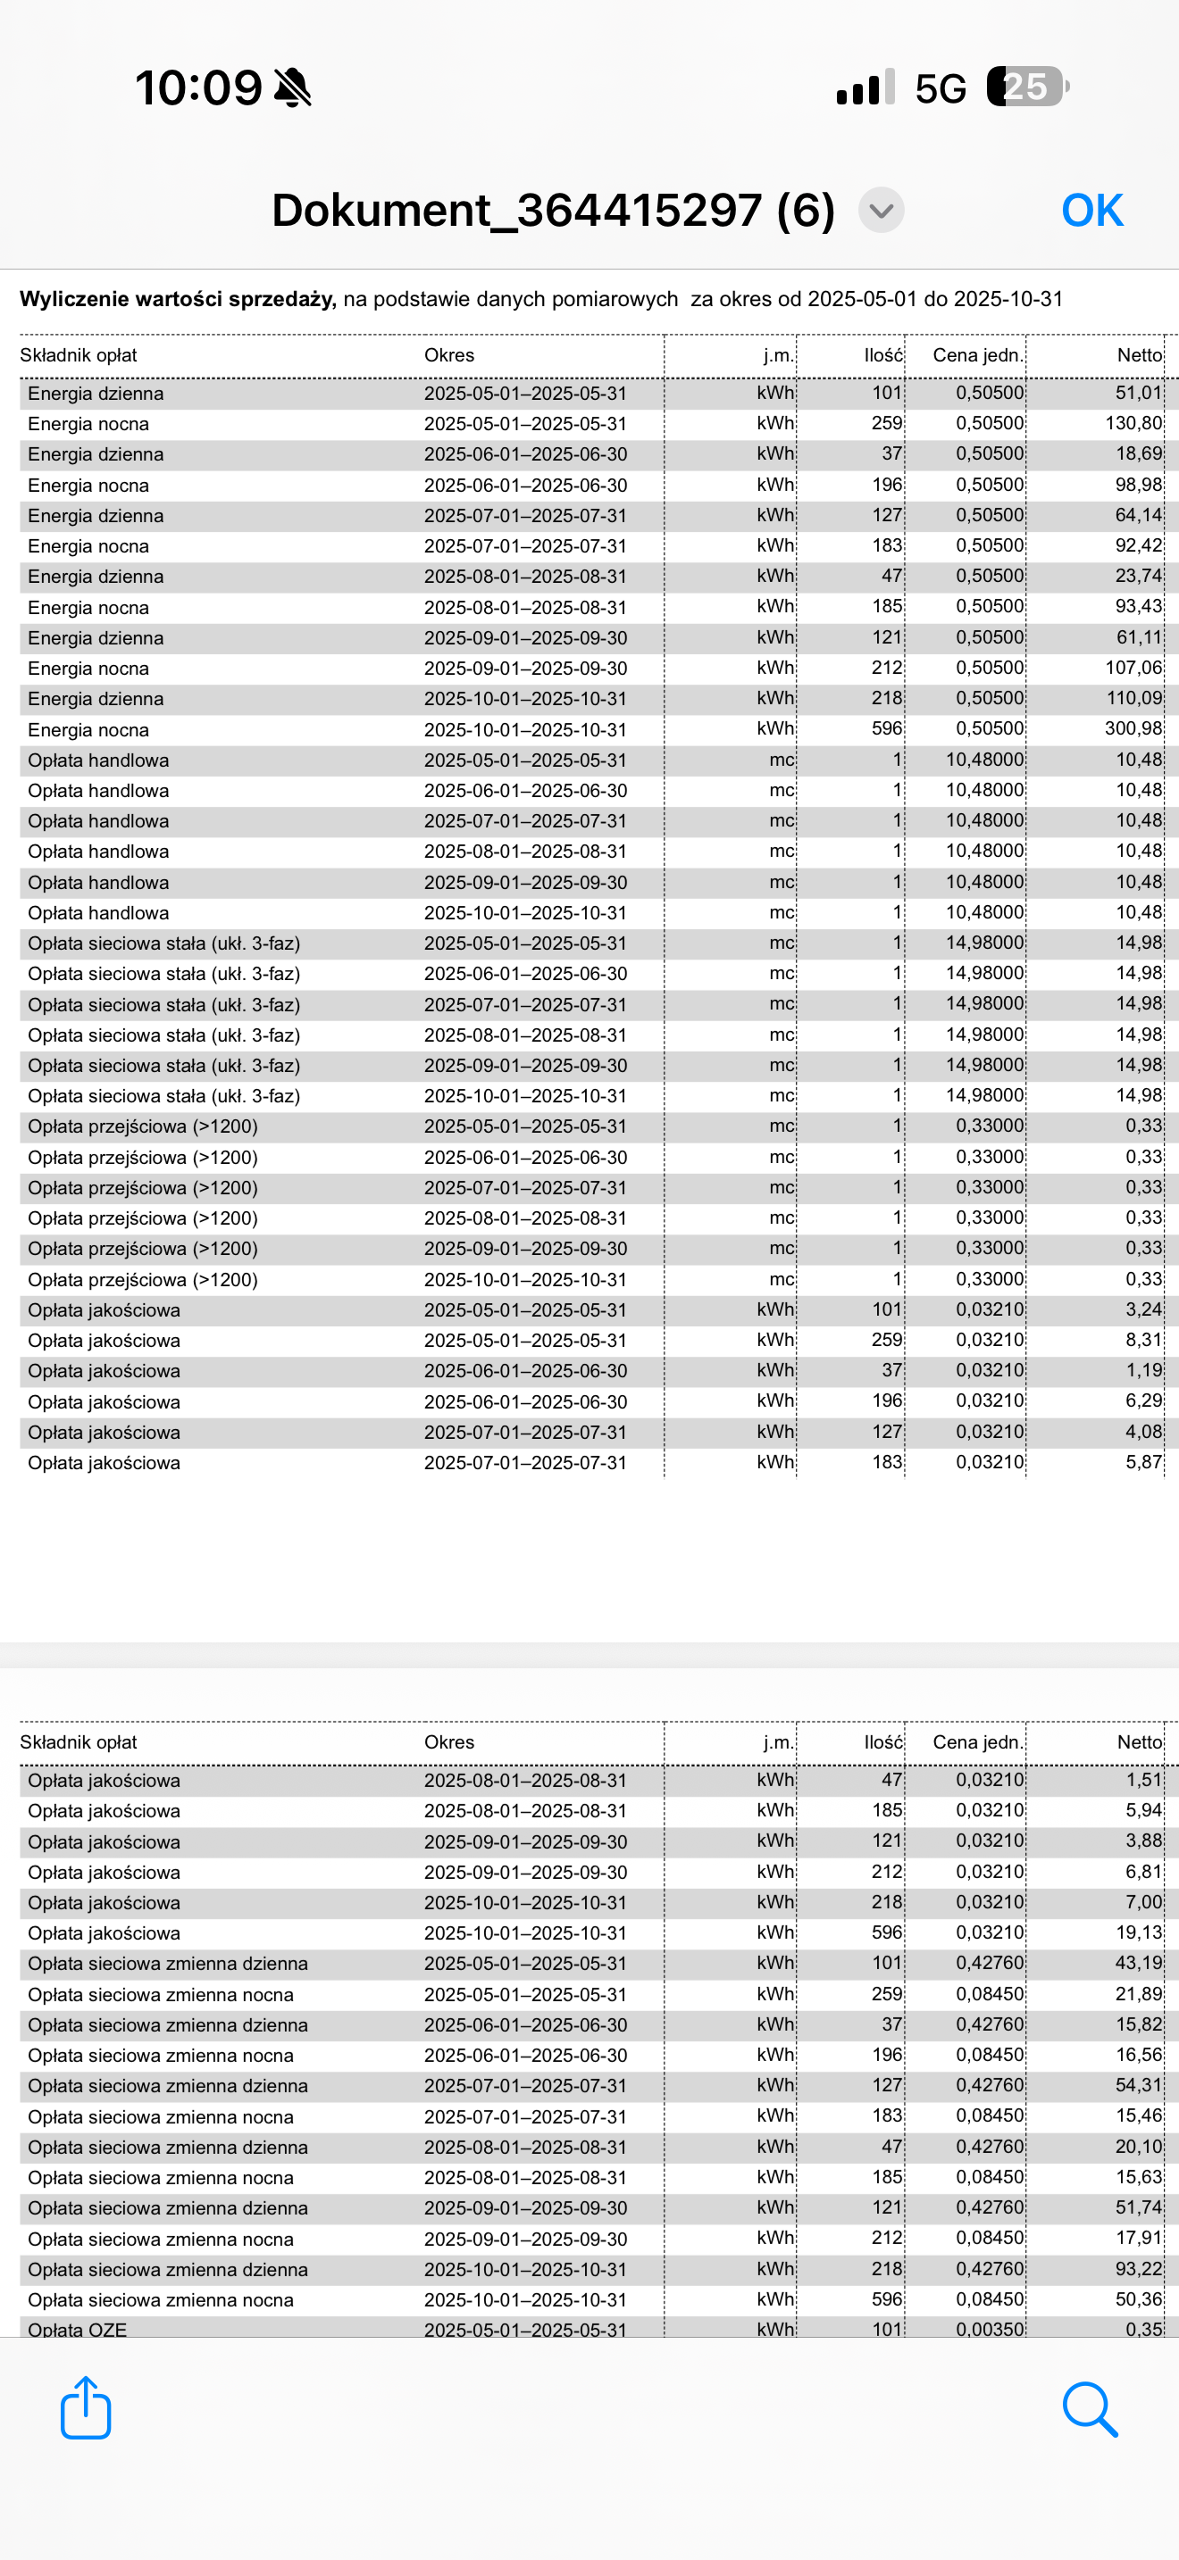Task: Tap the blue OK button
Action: pos(1091,211)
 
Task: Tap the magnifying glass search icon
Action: pos(1090,2408)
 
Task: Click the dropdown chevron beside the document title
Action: pos(881,211)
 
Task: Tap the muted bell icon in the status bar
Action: pos(293,87)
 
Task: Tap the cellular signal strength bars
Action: pos(865,87)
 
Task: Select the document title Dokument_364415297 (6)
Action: pos(553,211)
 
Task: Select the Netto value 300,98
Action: pos(1133,728)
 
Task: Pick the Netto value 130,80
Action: pos(1133,423)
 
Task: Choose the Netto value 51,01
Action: pos(1138,393)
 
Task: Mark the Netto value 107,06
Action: pos(1133,668)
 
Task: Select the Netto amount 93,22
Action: pos(1138,2269)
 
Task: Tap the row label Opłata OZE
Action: pos(78,2329)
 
